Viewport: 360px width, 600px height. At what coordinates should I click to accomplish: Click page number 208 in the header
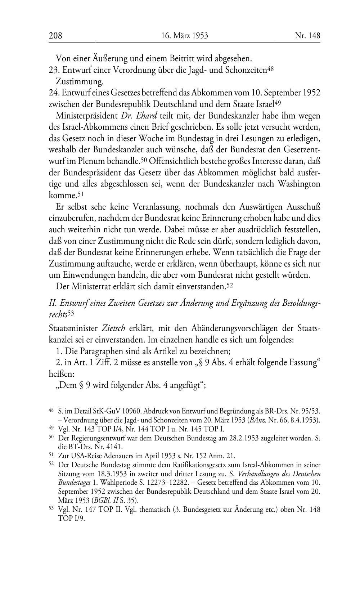coord(55,36)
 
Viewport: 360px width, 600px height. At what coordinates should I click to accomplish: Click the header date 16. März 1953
coord(185,36)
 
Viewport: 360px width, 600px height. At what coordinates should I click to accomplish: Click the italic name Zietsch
coord(114,328)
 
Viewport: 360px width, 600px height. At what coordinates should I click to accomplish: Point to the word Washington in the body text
coord(298,184)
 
